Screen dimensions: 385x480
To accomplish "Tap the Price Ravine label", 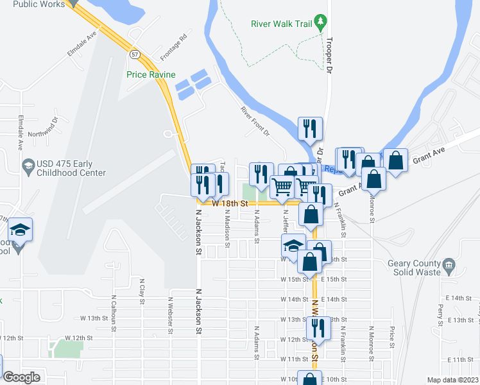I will click(x=150, y=74).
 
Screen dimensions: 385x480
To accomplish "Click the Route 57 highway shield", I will click(x=133, y=55).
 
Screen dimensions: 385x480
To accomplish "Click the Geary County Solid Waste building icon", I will click(x=449, y=264).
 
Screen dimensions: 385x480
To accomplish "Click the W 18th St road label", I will click(x=229, y=203).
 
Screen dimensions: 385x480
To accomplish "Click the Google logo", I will click(x=21, y=377).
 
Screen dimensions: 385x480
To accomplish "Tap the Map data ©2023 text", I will click(x=452, y=380).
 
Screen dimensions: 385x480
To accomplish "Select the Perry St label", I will click(x=441, y=316).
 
